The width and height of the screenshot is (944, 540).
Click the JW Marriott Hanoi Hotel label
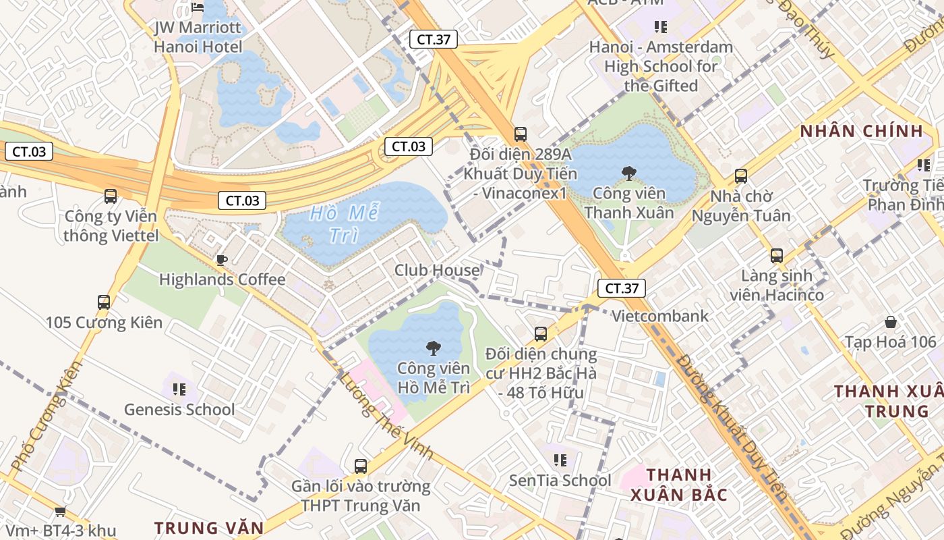(198, 37)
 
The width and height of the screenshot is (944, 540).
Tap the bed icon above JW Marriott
(198, 7)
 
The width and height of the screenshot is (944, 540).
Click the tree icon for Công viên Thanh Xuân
(628, 173)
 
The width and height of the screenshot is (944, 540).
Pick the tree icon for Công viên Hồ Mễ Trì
(433, 348)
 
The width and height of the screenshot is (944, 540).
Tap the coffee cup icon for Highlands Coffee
(221, 260)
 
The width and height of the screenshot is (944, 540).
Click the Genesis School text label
(179, 409)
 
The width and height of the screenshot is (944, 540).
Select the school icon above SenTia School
(560, 460)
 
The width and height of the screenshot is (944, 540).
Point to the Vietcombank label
(659, 316)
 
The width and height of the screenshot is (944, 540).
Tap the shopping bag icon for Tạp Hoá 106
(890, 322)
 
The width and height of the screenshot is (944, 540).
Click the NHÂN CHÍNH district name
(861, 131)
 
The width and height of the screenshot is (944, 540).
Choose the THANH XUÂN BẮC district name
(679, 484)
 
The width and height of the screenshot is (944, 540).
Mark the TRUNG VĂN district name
(209, 527)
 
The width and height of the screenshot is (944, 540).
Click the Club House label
(437, 270)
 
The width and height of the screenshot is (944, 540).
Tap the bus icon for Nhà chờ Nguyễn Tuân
(741, 176)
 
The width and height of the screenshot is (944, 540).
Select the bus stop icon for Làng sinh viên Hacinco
(777, 256)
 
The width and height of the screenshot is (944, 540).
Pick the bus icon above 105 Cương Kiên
(104, 302)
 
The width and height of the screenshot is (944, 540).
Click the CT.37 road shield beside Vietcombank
(621, 288)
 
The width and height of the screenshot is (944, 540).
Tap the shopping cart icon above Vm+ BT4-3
(60, 512)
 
